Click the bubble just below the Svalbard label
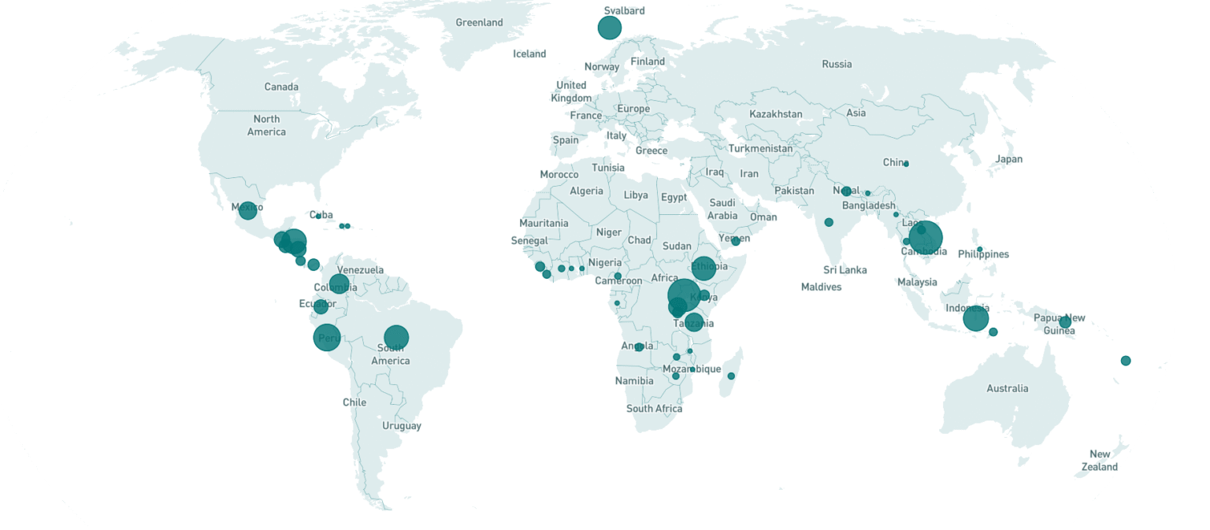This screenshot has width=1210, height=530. coord(609,28)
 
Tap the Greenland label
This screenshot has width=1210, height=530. coord(479,23)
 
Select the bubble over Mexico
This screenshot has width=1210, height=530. coord(247,210)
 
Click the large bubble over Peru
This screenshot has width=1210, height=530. coord(327,338)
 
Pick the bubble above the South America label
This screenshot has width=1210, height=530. coord(395,338)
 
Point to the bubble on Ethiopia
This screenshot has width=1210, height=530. coord(703,268)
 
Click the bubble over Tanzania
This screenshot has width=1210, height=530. coord(693,321)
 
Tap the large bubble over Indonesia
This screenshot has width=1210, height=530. coord(975,318)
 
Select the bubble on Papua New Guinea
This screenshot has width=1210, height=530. coord(1065,322)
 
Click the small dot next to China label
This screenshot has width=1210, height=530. coord(906,164)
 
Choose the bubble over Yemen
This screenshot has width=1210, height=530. coord(736,241)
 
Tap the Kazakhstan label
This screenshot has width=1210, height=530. coord(775,114)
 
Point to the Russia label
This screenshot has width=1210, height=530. coord(837,65)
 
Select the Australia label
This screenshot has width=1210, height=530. coord(1008,388)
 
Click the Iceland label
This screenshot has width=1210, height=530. coord(529,54)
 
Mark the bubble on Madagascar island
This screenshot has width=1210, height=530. coord(731,376)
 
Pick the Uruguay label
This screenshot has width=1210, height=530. coord(402,426)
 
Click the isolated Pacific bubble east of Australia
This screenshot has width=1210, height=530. coord(1126,361)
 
